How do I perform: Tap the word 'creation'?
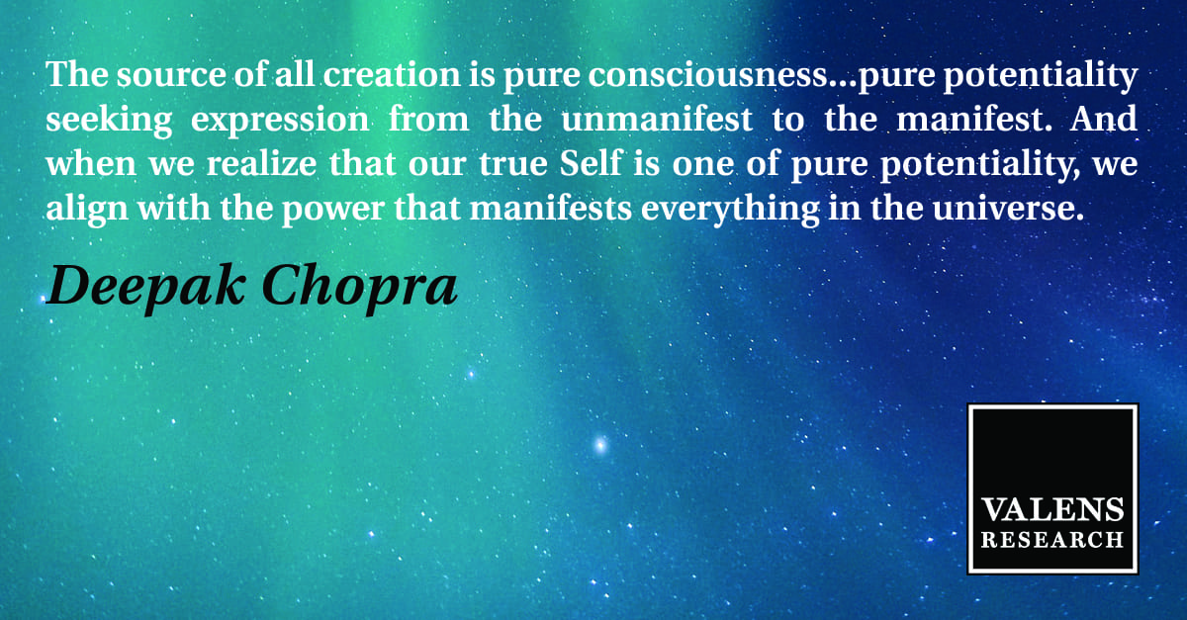point(392,74)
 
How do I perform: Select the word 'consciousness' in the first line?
point(708,74)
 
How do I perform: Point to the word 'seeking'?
point(109,121)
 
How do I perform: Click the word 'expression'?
point(280,121)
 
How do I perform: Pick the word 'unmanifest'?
point(657,119)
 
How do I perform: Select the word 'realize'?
point(261,164)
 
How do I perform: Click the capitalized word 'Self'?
point(590,163)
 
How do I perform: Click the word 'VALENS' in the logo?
point(1052,510)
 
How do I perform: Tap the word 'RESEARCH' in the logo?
point(1052,540)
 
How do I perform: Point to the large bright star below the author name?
point(600,444)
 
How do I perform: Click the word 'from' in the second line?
point(428,119)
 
